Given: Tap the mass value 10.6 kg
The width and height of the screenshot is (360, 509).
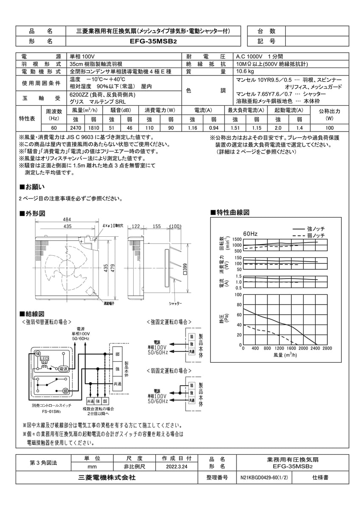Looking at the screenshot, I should pyautogui.click(x=245, y=72).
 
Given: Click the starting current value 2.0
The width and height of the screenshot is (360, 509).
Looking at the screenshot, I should pyautogui.click(x=278, y=128).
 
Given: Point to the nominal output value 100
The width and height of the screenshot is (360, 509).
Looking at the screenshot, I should pyautogui.click(x=329, y=128).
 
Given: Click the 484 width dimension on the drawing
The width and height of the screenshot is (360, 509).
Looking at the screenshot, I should pyautogui.click(x=67, y=219).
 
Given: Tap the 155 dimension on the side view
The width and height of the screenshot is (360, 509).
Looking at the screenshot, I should pyautogui.click(x=157, y=227).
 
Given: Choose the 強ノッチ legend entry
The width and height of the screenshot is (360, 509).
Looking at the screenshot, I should pyautogui.click(x=315, y=229).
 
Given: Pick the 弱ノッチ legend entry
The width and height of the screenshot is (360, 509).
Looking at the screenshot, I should pyautogui.click(x=315, y=235).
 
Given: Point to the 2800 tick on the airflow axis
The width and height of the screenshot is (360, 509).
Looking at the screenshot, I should pyautogui.click(x=326, y=349).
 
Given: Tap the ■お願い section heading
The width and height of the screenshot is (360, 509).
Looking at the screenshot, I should pyautogui.click(x=32, y=187).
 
